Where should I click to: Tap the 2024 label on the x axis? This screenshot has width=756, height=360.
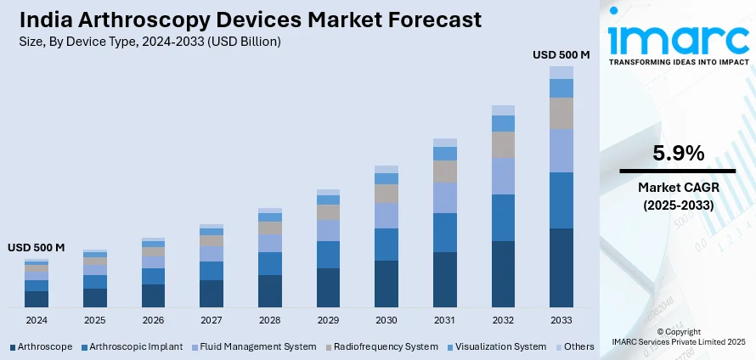37,320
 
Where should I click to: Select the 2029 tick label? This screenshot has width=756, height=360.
328,320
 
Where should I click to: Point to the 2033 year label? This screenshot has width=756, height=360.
561,320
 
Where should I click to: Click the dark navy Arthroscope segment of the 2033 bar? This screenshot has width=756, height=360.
561,267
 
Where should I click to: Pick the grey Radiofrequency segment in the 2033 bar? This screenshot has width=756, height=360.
561,113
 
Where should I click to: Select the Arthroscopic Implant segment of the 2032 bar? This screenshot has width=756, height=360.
503,217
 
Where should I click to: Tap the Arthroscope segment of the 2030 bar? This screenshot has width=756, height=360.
386,284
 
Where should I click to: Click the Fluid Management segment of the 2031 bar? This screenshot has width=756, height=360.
444,198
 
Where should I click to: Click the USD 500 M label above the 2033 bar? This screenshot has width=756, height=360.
561,54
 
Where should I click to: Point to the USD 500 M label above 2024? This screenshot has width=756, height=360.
37,247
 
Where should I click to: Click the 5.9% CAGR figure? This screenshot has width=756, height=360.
678,154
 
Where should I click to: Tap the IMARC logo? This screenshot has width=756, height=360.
677,38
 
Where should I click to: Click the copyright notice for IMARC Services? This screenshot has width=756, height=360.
678,337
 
